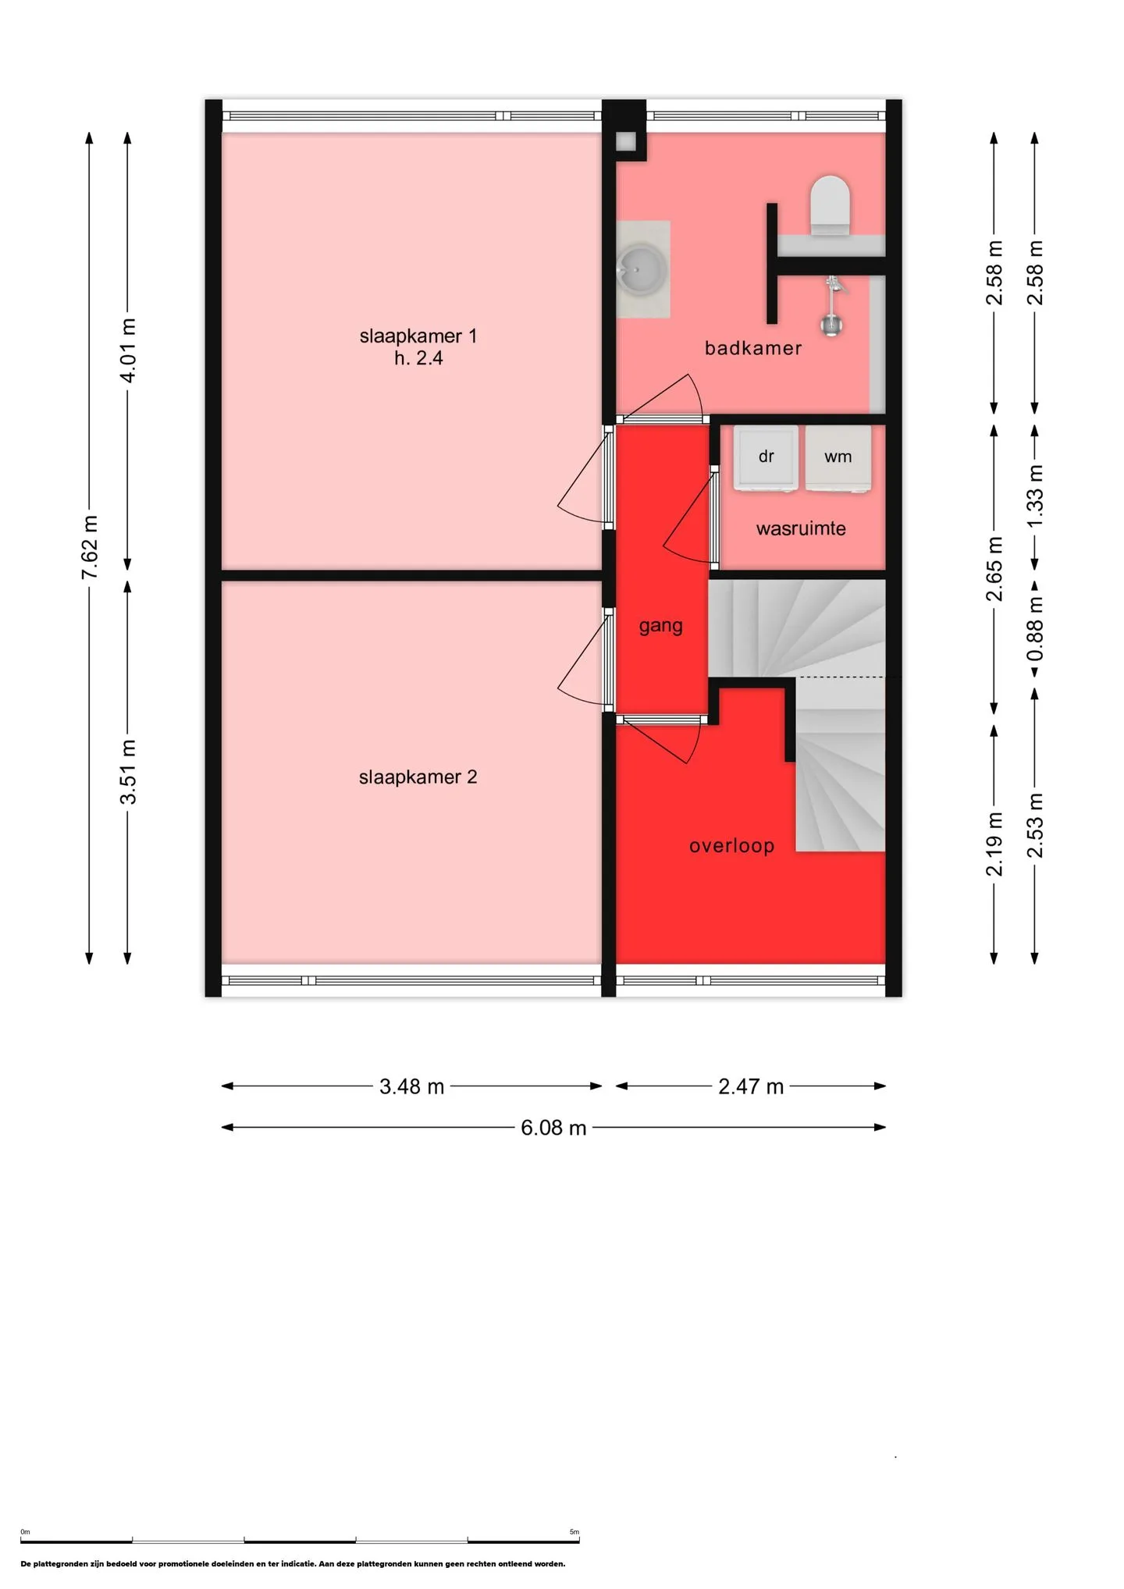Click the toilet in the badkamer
tap(829, 205)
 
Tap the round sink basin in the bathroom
tap(642, 269)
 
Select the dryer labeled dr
tap(766, 458)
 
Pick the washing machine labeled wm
tap(838, 458)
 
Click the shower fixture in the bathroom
tap(833, 305)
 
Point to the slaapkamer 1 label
tap(418, 336)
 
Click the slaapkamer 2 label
tap(418, 777)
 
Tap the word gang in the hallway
tap(660, 627)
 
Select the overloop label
tap(731, 846)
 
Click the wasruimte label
tap(801, 529)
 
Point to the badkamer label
tap(753, 348)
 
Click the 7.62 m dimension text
tap(90, 547)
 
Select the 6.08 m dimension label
tap(553, 1128)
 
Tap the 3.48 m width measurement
tap(411, 1086)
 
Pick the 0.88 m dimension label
tap(1035, 628)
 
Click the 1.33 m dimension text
tap(1035, 496)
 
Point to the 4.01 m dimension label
tap(128, 350)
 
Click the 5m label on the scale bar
tap(574, 1532)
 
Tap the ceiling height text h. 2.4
tap(418, 358)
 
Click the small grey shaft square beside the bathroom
tap(626, 142)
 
